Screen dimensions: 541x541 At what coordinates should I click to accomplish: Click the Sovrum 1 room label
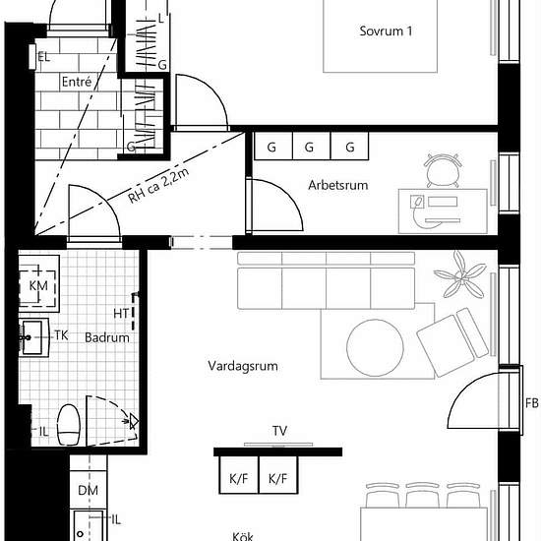tap(386, 31)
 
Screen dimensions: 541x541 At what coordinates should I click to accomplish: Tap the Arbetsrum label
tap(338, 185)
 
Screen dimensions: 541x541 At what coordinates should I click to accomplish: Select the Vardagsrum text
tap(243, 366)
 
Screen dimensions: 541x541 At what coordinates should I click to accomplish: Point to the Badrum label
tap(107, 337)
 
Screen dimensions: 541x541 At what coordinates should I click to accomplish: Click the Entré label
tap(77, 82)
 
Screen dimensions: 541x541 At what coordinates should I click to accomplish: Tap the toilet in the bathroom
tap(69, 425)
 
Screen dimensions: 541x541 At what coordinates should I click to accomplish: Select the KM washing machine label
tap(38, 285)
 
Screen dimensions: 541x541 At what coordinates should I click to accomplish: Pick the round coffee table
tap(375, 348)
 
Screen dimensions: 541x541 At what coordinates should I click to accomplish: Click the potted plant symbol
tap(459, 275)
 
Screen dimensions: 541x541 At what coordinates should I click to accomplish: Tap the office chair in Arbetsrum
tap(444, 171)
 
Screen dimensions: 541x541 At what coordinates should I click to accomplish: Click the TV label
tap(279, 431)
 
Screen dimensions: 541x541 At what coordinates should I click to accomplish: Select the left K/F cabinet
tap(239, 475)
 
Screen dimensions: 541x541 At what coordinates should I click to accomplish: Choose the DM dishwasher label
tap(88, 490)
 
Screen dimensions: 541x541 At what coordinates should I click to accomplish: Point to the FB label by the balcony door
tap(532, 403)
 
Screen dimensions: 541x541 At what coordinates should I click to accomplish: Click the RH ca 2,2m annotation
tap(158, 186)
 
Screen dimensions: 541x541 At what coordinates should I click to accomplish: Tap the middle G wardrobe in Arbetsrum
tap(311, 146)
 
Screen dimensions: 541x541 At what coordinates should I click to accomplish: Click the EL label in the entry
tap(44, 57)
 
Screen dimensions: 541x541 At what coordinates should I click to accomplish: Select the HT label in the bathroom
tap(121, 314)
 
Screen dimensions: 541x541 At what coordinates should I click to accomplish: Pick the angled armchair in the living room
tap(452, 342)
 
